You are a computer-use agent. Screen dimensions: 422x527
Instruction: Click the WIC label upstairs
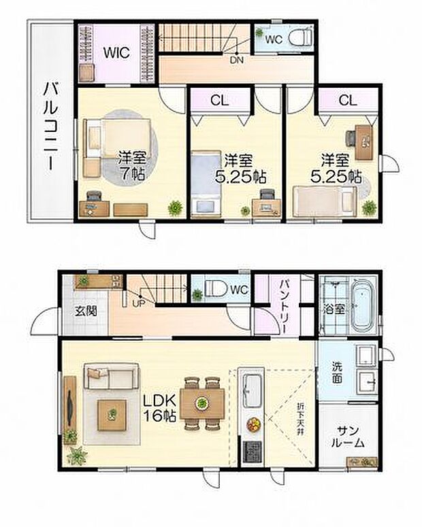pyautogui.click(x=116, y=52)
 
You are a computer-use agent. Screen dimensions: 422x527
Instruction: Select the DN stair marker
pyautogui.click(x=237, y=61)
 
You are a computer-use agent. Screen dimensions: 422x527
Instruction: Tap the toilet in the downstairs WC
pyautogui.click(x=216, y=289)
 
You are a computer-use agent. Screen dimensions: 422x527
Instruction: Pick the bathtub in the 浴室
pyautogui.click(x=361, y=305)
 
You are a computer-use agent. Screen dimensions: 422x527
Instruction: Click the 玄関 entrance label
pyautogui.click(x=86, y=311)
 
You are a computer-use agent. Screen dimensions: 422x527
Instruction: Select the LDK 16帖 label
pyautogui.click(x=160, y=407)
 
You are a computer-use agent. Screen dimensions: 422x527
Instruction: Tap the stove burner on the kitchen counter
pyautogui.click(x=253, y=452)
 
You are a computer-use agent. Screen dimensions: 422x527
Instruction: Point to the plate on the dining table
pyautogui.click(x=201, y=403)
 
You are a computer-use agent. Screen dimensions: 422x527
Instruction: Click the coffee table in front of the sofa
pyautogui.click(x=112, y=415)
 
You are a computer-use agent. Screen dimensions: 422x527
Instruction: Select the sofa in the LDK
pyautogui.click(x=112, y=376)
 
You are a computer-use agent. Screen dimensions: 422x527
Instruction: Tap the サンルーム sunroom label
pyautogui.click(x=348, y=437)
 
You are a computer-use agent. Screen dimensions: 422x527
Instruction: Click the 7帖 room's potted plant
pyautogui.click(x=175, y=207)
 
